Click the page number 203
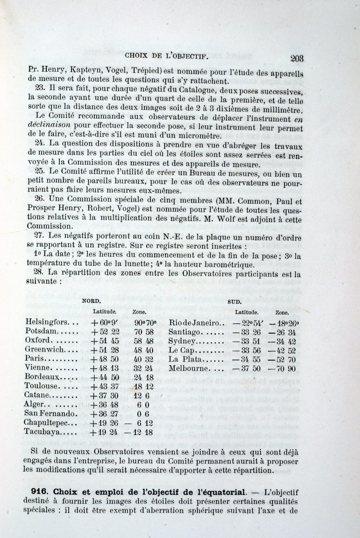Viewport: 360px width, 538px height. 297,58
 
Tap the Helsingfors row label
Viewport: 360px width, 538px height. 47,322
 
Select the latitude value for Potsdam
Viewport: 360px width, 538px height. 105,332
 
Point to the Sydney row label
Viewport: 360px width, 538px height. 182,341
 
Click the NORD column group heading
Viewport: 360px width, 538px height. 91,300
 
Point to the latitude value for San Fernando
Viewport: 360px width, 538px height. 105,413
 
